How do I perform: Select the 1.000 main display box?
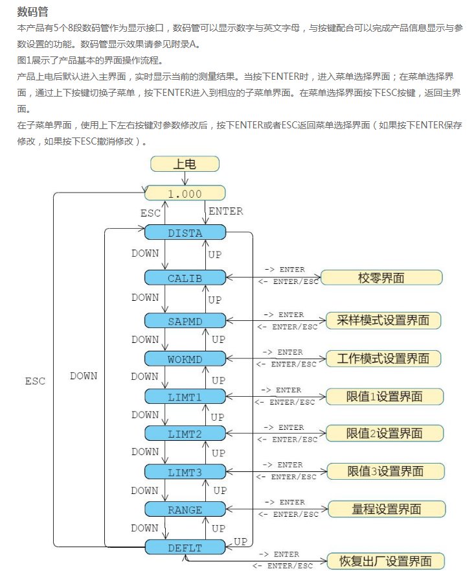pyautogui.click(x=185, y=193)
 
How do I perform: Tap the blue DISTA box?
pyautogui.click(x=185, y=233)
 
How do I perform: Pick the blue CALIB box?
pyautogui.click(x=185, y=277)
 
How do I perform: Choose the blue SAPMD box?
pyautogui.click(x=185, y=320)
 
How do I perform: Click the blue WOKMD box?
pyautogui.click(x=185, y=359)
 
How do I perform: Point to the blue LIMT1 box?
pyautogui.click(x=185, y=395)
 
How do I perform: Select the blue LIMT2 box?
pyautogui.click(x=185, y=433)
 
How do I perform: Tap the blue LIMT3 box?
pyautogui.click(x=185, y=471)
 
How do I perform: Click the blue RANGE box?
pyautogui.click(x=185, y=510)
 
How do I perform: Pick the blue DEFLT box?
pyautogui.click(x=185, y=547)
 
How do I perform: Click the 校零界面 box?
pyautogui.click(x=381, y=277)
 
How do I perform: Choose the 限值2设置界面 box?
pyautogui.click(x=385, y=433)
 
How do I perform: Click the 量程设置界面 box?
pyautogui.click(x=385, y=510)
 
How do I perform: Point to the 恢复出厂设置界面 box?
pyautogui.click(x=386, y=561)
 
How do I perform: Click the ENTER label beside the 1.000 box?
pyautogui.click(x=225, y=211)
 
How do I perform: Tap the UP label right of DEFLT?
pyautogui.click(x=240, y=541)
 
